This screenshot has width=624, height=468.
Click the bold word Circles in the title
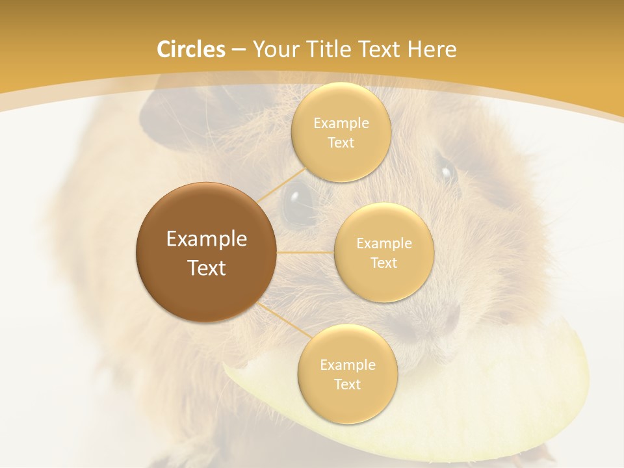[x=191, y=49]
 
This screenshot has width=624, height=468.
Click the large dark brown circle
[x=207, y=252]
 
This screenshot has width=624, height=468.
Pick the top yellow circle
[x=341, y=132]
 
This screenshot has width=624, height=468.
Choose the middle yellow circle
[x=383, y=252]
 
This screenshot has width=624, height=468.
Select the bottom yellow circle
[x=347, y=374]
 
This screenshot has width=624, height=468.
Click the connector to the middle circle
[x=305, y=252]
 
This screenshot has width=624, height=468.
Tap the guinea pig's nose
[x=448, y=319]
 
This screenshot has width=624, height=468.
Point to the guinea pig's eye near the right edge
[x=447, y=172]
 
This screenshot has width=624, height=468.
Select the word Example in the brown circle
[x=207, y=239]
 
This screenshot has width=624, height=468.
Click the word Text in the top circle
[x=341, y=142]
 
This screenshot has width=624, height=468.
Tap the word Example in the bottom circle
[x=347, y=365]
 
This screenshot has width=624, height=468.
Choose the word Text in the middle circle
[x=383, y=263]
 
